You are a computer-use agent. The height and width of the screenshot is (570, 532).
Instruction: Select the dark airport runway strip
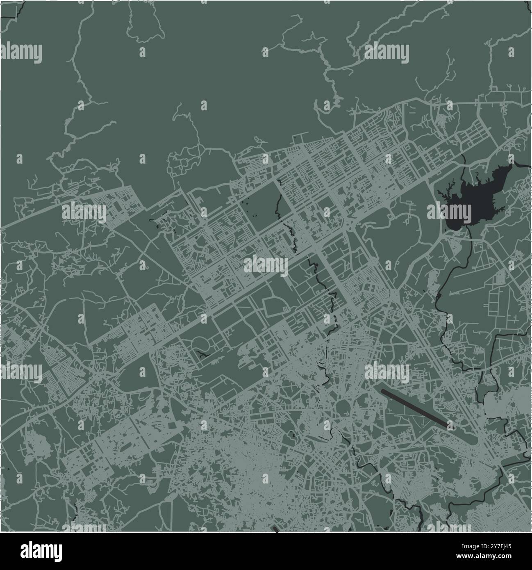click(x=414, y=408)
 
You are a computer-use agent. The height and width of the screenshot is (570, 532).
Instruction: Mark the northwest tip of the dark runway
click(x=383, y=390)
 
